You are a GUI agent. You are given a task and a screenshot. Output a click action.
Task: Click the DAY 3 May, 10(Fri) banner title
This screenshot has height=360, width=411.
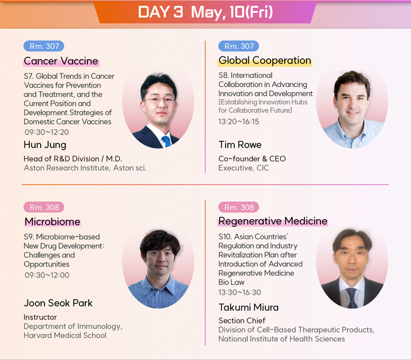[206, 12]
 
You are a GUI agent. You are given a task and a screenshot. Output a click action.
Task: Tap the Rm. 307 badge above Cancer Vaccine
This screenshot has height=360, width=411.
[44, 46]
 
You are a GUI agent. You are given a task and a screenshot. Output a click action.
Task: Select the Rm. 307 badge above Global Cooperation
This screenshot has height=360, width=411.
[239, 46]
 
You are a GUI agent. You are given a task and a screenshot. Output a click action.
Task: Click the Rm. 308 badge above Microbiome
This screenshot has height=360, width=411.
[44, 207]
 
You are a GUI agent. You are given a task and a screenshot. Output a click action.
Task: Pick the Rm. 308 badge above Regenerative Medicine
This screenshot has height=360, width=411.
[239, 207]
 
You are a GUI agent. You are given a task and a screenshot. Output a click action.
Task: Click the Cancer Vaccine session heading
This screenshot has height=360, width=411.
[61, 61]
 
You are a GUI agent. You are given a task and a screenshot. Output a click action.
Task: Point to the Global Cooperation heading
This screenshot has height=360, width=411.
[265, 60]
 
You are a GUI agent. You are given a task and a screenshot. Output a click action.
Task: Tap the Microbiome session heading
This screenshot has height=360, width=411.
[52, 222]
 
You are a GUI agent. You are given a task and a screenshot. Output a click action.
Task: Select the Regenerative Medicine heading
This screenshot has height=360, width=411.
[273, 221]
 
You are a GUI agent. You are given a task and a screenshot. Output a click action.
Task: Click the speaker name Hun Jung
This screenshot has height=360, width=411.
[45, 145]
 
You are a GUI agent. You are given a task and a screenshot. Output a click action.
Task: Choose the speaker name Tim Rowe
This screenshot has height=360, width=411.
[240, 144]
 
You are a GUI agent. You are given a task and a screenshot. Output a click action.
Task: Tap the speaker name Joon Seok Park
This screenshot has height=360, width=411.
[58, 303]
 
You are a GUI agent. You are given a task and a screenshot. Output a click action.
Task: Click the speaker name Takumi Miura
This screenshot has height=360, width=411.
[249, 307]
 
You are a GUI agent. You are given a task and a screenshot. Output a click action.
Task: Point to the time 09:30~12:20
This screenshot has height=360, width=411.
[47, 132]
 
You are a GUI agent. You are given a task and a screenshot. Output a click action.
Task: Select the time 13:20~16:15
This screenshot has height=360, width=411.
[239, 122]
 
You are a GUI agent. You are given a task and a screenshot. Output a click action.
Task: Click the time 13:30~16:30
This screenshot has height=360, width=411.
[240, 292]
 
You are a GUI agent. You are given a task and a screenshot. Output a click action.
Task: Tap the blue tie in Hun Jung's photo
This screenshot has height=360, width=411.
[167, 142]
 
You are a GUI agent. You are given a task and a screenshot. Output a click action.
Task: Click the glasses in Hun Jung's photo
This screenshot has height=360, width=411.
[160, 100]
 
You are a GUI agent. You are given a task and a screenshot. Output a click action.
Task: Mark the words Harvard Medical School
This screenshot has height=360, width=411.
[65, 335]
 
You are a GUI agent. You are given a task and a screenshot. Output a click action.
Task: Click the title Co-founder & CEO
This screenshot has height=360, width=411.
[252, 159]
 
